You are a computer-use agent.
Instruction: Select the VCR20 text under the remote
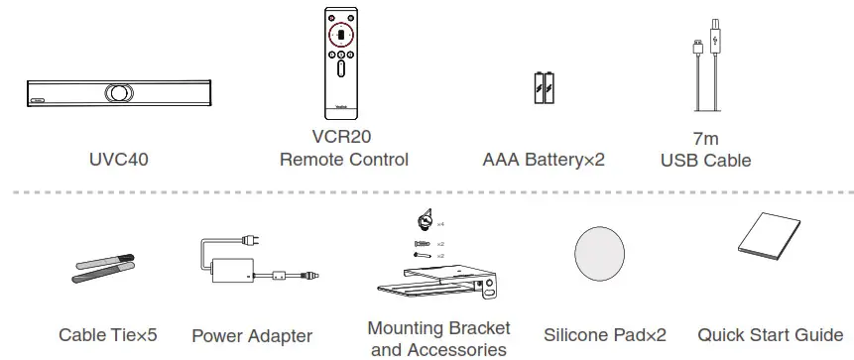click(341, 138)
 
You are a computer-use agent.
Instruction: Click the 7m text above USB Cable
click(705, 138)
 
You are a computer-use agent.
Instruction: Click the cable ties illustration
click(106, 269)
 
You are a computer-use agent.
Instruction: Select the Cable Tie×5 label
click(108, 335)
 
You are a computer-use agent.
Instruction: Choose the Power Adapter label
click(252, 336)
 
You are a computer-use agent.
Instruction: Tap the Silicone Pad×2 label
click(604, 335)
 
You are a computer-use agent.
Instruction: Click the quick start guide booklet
click(767, 251)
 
